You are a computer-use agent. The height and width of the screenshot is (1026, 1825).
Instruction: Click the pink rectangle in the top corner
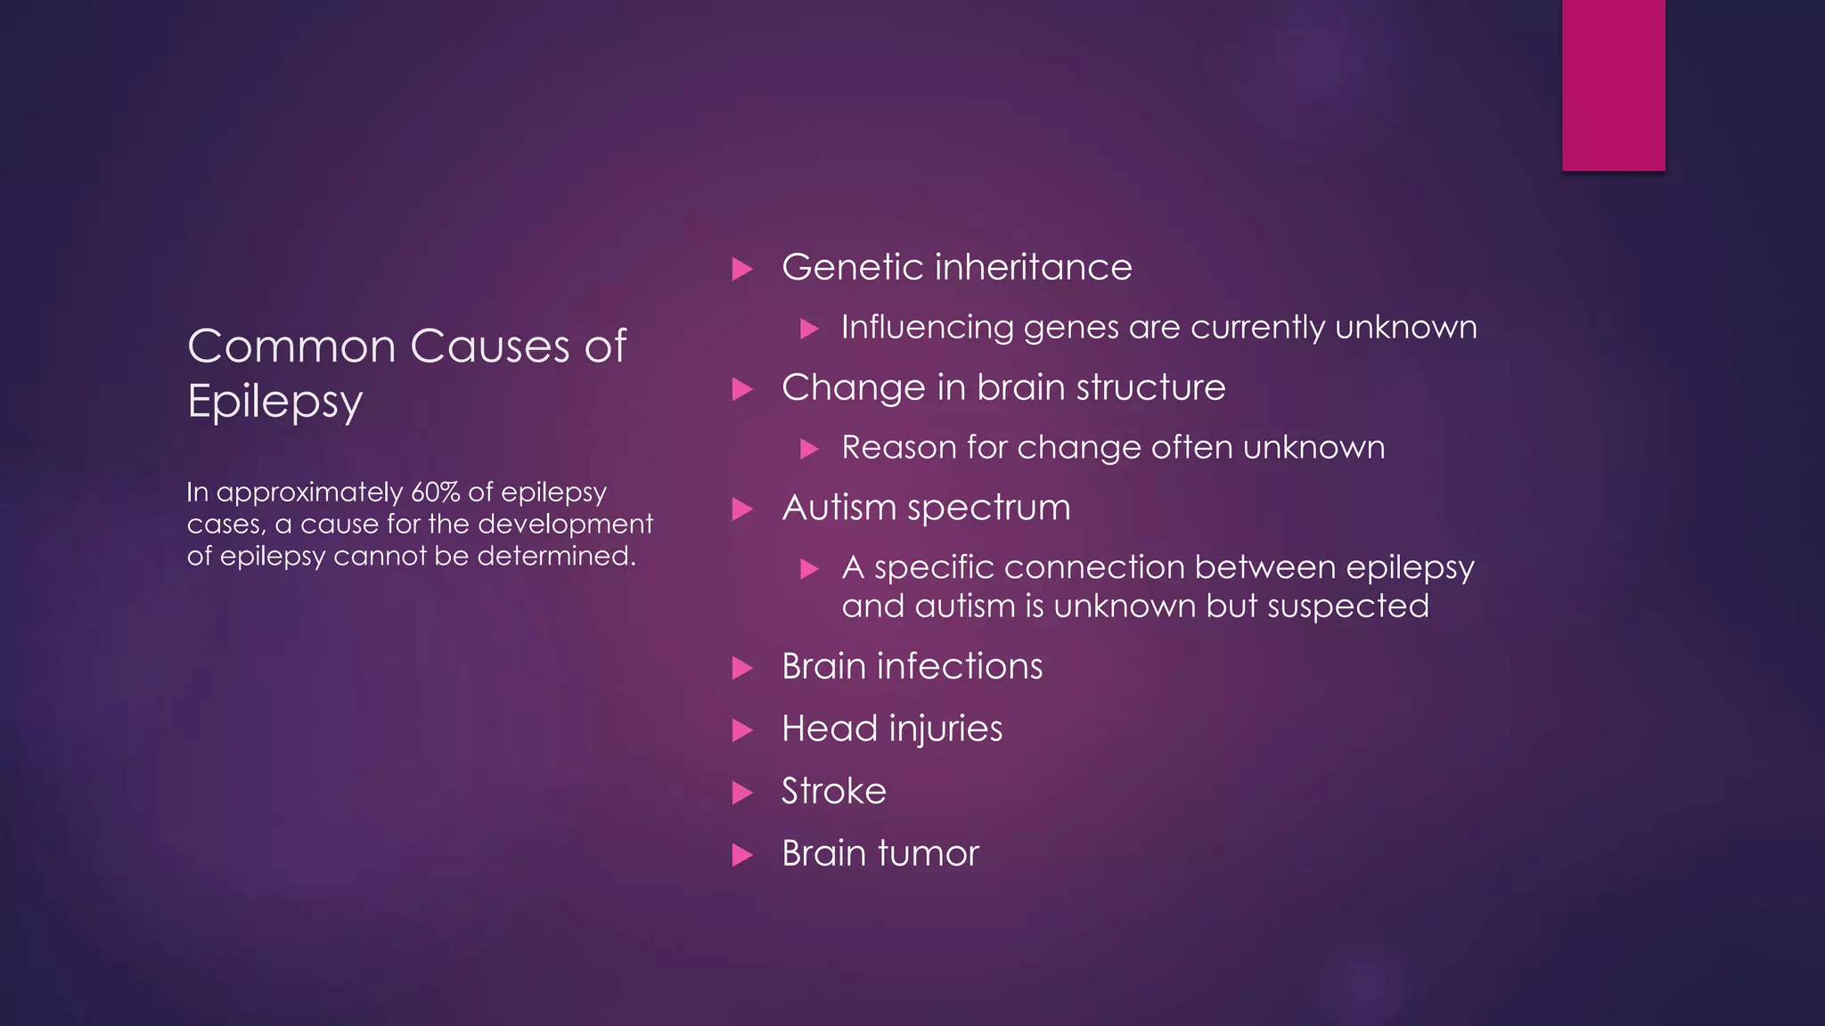tap(1613, 85)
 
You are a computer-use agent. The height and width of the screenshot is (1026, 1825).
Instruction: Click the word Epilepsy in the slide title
tap(274, 401)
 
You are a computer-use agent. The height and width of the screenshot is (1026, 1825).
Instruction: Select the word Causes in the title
tap(490, 346)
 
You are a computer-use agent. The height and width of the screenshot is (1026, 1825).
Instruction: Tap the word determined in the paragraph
tap(556, 556)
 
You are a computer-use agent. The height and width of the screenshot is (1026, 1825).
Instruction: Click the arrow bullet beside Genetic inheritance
tap(742, 269)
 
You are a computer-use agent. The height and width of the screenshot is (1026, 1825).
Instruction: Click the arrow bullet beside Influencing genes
tap(809, 329)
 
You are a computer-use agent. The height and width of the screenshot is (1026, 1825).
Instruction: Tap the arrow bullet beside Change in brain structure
tap(742, 389)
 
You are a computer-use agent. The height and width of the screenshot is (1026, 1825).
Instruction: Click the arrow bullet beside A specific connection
tap(809, 568)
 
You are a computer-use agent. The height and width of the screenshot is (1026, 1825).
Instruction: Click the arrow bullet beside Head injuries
tap(742, 730)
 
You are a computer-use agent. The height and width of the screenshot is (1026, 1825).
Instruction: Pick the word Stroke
tap(834, 791)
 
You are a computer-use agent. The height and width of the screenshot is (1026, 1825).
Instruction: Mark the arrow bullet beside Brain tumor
tap(742, 855)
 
